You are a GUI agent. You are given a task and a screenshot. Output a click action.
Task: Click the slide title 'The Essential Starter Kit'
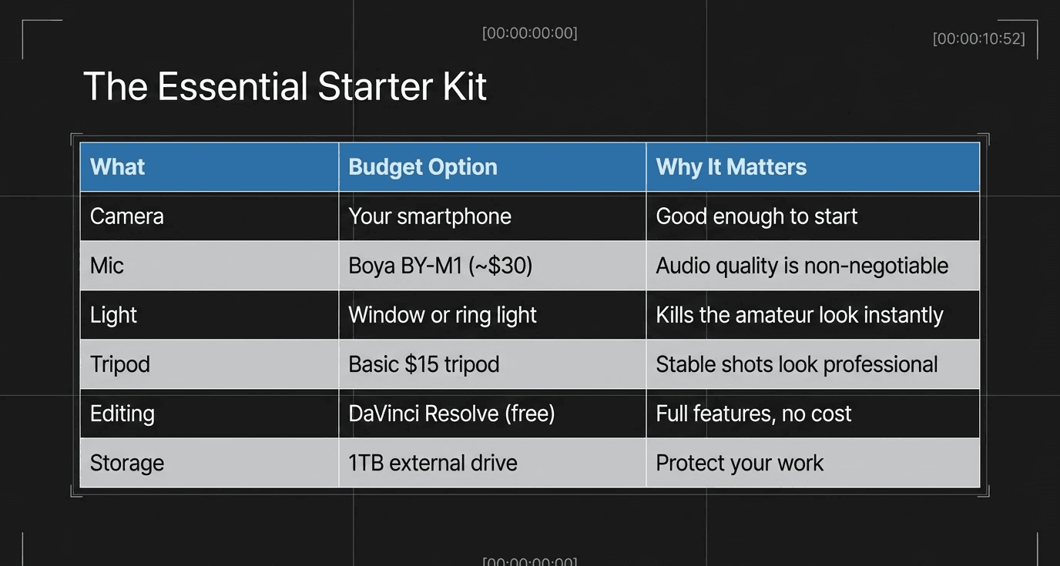(x=284, y=86)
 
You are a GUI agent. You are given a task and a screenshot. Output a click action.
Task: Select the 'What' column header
(x=118, y=167)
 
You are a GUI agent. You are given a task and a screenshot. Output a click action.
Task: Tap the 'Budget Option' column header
(x=423, y=167)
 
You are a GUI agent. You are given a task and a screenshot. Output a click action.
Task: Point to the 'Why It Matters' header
(x=731, y=167)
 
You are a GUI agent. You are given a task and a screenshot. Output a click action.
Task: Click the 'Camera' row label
(x=127, y=216)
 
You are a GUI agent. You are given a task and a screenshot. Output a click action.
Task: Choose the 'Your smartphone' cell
(x=430, y=216)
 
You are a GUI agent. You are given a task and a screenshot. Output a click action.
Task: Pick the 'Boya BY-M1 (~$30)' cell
(x=441, y=266)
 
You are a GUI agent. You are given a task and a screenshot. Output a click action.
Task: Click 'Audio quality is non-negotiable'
(x=802, y=266)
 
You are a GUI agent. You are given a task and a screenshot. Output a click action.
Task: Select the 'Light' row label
(x=113, y=315)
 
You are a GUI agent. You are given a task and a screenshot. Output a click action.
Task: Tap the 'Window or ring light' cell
(x=442, y=315)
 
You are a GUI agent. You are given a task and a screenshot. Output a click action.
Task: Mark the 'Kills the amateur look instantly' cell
(x=800, y=315)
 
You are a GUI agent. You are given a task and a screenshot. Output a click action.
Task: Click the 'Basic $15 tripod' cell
(x=424, y=364)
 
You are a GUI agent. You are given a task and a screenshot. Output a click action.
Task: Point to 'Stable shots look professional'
(x=797, y=364)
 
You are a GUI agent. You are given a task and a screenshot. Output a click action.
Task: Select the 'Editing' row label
(x=122, y=414)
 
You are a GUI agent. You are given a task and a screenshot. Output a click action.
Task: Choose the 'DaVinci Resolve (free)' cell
(x=451, y=414)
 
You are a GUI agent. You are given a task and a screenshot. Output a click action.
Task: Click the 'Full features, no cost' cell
(x=753, y=414)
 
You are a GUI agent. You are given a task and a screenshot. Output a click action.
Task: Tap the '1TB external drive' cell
(x=433, y=463)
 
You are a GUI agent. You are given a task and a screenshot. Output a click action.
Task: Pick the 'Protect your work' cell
(x=740, y=463)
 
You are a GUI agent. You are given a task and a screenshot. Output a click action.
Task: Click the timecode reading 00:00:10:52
(x=978, y=39)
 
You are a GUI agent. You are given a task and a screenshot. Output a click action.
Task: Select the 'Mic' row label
(x=107, y=266)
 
